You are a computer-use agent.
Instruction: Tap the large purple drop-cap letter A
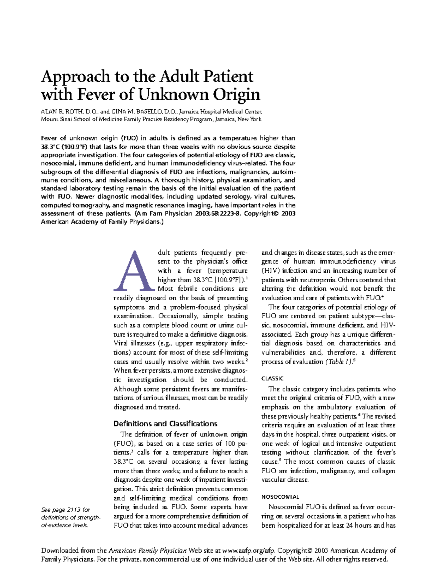coord(135,271)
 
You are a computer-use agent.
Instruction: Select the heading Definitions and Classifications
coord(165,424)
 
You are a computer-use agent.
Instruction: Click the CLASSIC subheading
coord(272,378)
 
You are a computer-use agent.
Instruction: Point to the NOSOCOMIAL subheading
coord(280,497)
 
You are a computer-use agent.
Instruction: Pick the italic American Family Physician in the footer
coord(148,550)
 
